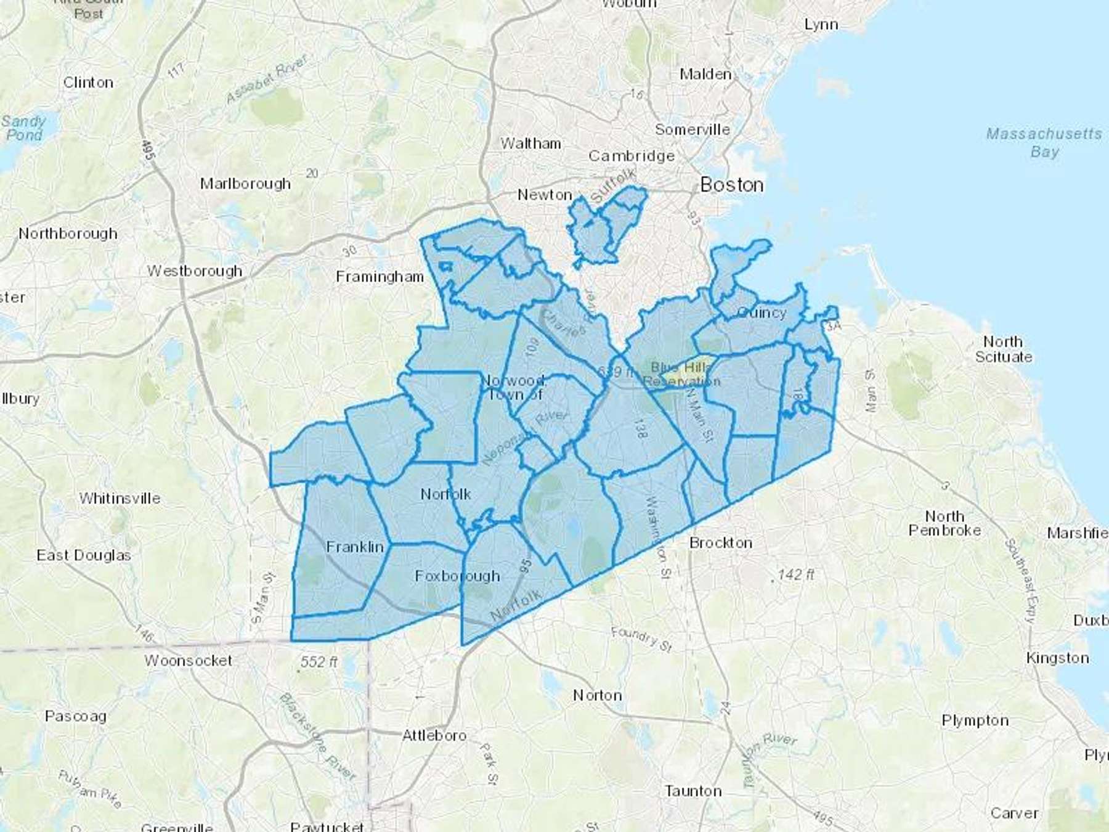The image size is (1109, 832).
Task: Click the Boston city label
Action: click(x=732, y=184)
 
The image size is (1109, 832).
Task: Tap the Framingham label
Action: click(x=380, y=277)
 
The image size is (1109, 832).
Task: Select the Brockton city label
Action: click(x=720, y=543)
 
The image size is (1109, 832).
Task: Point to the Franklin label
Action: click(x=355, y=547)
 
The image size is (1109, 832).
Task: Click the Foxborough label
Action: click(x=457, y=576)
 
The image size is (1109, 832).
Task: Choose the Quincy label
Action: click(x=762, y=312)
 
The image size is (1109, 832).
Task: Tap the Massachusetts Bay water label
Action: click(x=1044, y=142)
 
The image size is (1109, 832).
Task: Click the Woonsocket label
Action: click(x=189, y=661)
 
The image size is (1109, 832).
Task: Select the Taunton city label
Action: click(x=693, y=791)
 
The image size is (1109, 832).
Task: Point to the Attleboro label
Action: click(x=434, y=735)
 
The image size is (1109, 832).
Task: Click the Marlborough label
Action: click(x=245, y=184)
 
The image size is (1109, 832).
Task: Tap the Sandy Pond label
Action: click(x=23, y=128)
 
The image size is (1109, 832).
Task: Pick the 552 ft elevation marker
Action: click(x=319, y=662)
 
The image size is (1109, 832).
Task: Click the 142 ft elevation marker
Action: click(x=795, y=575)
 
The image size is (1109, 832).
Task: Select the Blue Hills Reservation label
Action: click(x=681, y=375)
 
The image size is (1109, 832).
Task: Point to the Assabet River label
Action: click(x=266, y=80)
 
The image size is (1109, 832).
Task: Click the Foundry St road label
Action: click(x=641, y=638)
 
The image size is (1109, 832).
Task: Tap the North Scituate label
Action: click(x=1003, y=349)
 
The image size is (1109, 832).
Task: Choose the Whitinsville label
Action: click(x=120, y=498)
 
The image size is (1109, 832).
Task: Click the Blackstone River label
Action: click(x=317, y=736)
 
